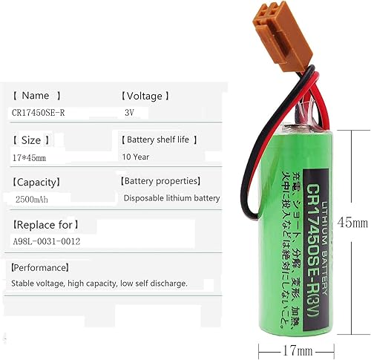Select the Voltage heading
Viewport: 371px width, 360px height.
145,96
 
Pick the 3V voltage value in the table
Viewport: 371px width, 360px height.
130,112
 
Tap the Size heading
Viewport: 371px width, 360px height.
32,140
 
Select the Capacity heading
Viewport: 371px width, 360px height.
36,182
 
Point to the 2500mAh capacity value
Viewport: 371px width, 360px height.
33,199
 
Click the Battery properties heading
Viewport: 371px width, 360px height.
160,181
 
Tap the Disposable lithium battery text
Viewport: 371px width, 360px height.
171,198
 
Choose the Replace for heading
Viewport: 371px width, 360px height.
45,224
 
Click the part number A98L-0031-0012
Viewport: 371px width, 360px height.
46,242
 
